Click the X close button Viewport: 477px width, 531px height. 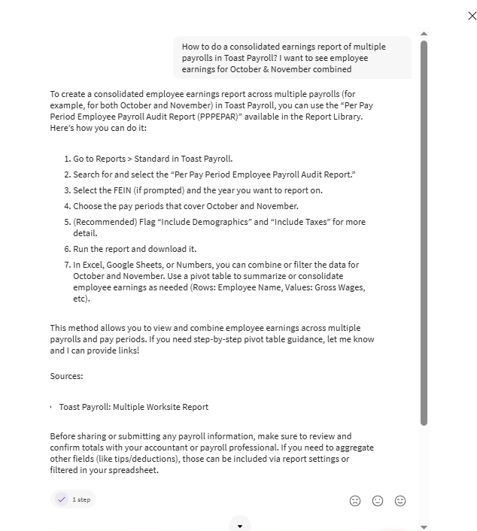472,16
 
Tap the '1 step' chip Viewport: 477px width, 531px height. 73,499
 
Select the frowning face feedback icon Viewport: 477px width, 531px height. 355,501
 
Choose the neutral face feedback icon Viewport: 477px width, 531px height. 378,501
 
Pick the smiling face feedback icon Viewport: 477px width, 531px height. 400,501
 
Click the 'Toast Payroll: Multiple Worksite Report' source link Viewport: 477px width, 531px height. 133,407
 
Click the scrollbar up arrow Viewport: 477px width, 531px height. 424,34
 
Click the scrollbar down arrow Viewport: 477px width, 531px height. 424,527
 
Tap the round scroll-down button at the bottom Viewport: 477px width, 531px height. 240,526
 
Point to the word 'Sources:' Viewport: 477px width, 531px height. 66,376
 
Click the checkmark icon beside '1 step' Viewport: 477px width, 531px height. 62,499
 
